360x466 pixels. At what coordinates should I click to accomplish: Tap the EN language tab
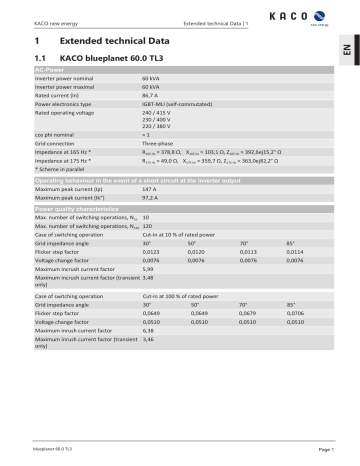[x=347, y=61]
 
